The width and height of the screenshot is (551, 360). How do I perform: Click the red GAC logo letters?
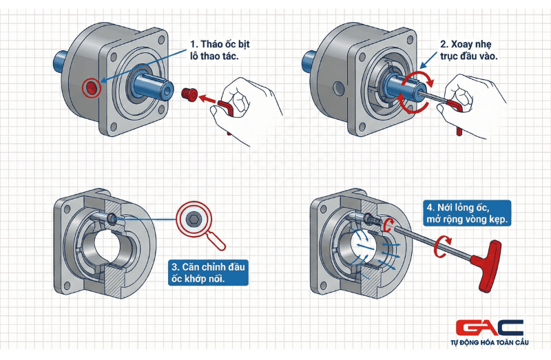490,328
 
